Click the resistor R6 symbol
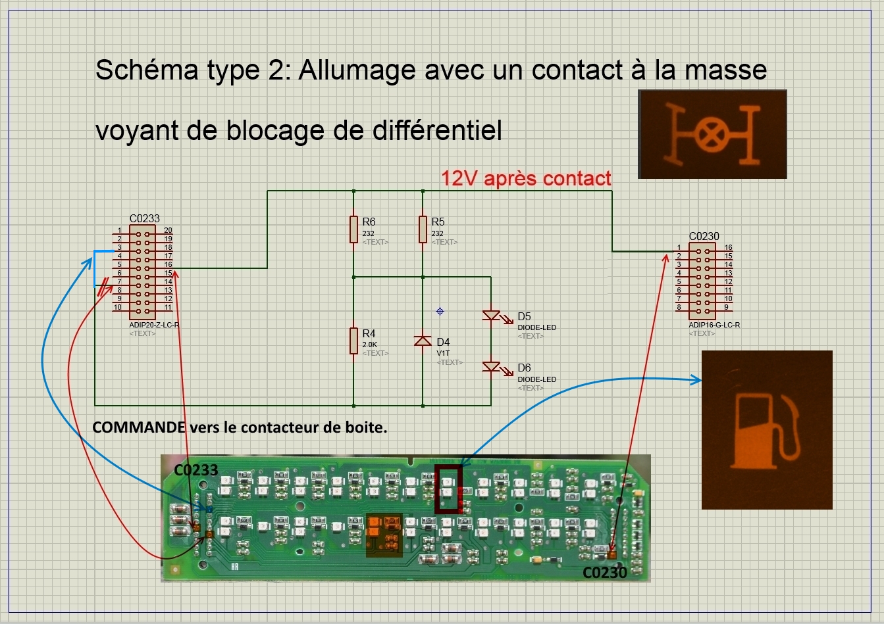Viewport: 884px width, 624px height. (354, 230)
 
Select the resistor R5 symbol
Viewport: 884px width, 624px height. (423, 230)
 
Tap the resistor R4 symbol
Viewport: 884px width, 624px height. (354, 341)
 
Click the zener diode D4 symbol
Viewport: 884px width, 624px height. (423, 341)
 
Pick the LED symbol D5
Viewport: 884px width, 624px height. (492, 316)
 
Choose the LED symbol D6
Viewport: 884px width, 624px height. (492, 366)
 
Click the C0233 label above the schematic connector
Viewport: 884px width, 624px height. (144, 218)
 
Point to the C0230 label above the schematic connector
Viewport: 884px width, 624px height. (704, 236)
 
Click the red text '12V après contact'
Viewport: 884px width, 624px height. (526, 178)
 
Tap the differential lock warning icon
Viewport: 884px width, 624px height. (712, 134)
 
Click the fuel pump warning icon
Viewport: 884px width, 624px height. (767, 429)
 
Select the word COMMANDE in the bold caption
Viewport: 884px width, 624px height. (139, 427)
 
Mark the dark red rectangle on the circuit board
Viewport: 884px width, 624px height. (448, 489)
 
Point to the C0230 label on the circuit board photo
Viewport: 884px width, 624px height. (605, 573)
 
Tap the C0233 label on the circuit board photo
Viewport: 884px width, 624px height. (195, 470)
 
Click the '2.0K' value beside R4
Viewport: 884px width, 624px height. (369, 345)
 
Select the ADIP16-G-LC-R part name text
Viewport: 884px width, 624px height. (714, 325)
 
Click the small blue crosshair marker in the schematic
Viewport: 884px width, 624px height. (440, 311)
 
